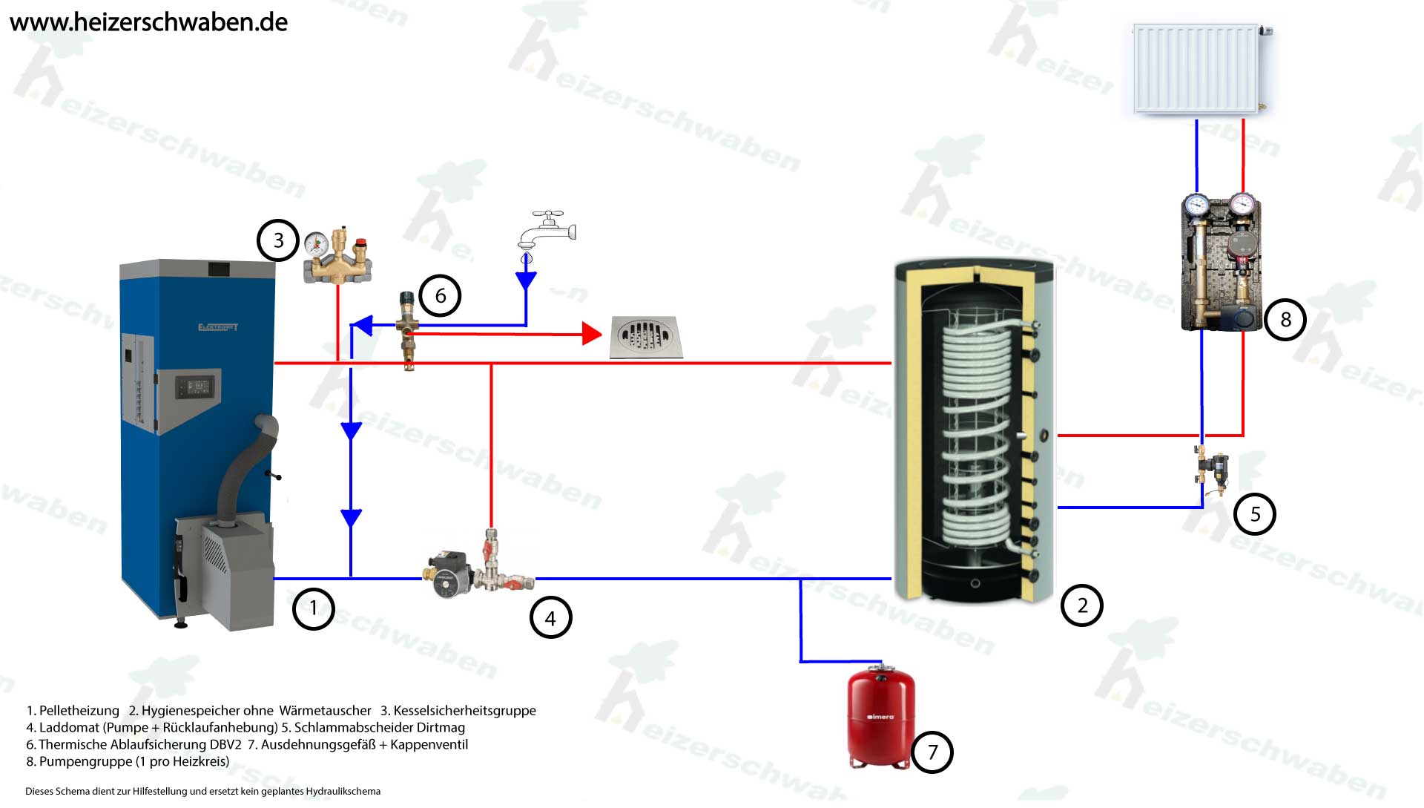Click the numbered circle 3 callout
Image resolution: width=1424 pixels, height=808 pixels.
[x=278, y=240]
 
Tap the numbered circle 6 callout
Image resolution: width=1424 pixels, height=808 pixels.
[x=441, y=296]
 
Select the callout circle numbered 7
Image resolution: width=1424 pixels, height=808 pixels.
[x=932, y=752]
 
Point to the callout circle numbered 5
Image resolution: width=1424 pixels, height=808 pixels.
[x=1255, y=514]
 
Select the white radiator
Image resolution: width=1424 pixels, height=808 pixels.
[x=1198, y=68]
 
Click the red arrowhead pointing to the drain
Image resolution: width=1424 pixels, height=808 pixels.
[x=591, y=334]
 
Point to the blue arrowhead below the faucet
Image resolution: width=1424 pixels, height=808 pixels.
[x=526, y=280]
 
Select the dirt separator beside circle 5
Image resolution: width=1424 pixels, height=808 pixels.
[x=1213, y=470]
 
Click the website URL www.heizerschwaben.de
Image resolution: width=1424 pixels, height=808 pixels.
[x=148, y=22]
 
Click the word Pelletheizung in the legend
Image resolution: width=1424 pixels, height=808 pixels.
[x=79, y=711]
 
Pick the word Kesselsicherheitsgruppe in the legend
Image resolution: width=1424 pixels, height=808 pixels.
[x=464, y=711]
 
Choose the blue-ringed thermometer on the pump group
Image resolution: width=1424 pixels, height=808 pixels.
[x=1196, y=204]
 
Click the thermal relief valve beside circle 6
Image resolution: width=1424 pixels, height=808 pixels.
[x=407, y=327]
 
